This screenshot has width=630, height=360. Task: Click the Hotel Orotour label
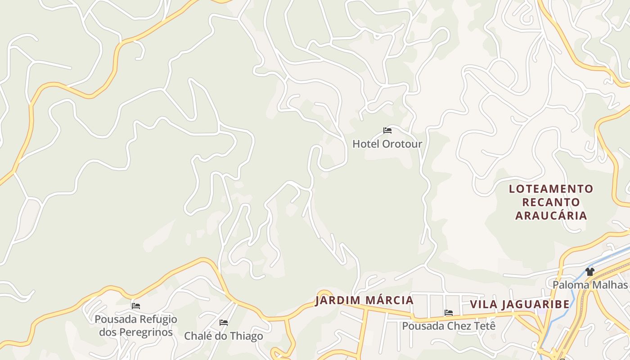coord(387,144)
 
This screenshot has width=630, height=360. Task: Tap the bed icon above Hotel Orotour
coord(387,130)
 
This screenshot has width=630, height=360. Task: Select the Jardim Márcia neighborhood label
coord(364,300)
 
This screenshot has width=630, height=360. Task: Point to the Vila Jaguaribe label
coord(520,304)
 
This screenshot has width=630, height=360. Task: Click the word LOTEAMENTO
coord(551,189)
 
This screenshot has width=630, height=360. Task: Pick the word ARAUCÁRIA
coord(551,216)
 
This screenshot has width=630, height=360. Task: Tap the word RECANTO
coord(551,202)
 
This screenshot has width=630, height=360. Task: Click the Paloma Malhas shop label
coord(589,285)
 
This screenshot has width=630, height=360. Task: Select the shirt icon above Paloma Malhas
coord(590,271)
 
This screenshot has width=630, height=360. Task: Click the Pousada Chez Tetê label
coord(448,326)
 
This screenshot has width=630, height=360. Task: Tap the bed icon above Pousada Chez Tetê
coord(449,312)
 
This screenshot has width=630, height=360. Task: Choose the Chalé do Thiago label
coord(223,336)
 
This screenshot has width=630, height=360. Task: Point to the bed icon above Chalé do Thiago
coord(224,322)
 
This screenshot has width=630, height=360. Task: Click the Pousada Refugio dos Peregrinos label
coord(135,326)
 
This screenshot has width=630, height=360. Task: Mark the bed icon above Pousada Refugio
coord(136,306)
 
